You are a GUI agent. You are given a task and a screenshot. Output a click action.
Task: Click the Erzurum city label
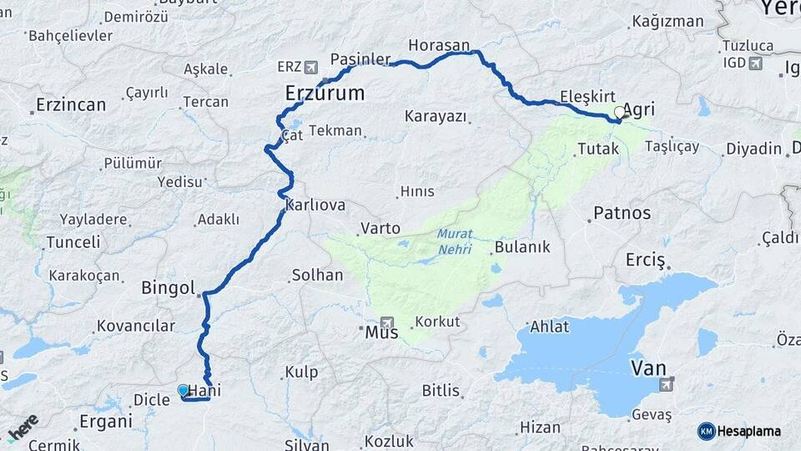click(x=325, y=93)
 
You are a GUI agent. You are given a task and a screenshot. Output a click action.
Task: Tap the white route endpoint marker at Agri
click(x=619, y=112)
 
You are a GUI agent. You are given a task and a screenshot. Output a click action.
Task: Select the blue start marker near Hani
click(x=184, y=390)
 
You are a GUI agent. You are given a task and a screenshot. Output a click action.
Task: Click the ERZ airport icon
click(x=311, y=66)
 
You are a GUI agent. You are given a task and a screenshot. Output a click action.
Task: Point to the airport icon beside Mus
click(x=385, y=322)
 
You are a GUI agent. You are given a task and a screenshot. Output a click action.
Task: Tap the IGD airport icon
click(x=755, y=63)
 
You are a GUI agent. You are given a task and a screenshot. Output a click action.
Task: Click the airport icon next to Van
click(x=665, y=384)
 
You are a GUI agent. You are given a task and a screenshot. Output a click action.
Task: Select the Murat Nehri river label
click(x=455, y=243)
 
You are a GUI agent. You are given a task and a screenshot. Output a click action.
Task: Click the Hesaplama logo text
click(x=748, y=431)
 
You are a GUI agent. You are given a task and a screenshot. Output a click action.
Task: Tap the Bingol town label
click(x=168, y=288)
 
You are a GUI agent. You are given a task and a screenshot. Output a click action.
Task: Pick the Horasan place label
click(x=439, y=44)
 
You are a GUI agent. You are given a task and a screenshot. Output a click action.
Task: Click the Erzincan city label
click(x=71, y=105)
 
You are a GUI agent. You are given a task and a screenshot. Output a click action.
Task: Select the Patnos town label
click(x=622, y=213)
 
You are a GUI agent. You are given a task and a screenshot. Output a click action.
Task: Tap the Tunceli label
click(x=73, y=242)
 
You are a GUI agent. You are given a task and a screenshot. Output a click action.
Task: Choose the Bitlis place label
click(x=441, y=390)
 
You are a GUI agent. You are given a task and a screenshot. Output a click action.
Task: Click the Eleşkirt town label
click(x=588, y=95)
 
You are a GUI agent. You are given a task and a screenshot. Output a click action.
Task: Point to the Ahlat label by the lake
click(x=549, y=327)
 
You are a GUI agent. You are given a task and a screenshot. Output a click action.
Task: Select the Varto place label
click(x=380, y=228)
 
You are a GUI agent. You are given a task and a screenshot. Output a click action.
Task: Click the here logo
click(x=23, y=427)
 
